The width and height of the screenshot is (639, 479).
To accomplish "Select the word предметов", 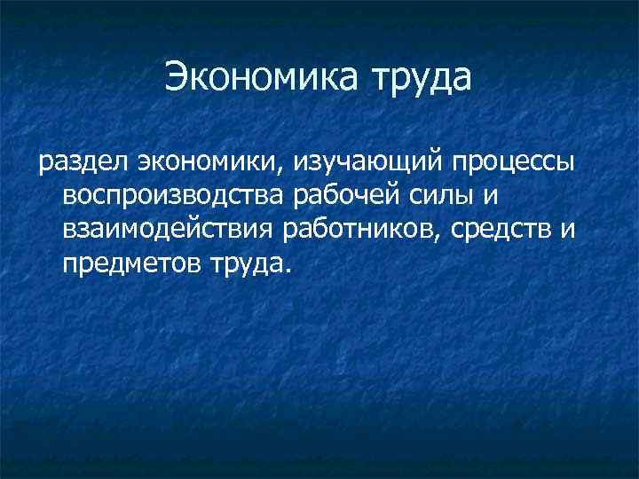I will pos(132,263).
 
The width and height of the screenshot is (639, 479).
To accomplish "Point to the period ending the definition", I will pos(286,271).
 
